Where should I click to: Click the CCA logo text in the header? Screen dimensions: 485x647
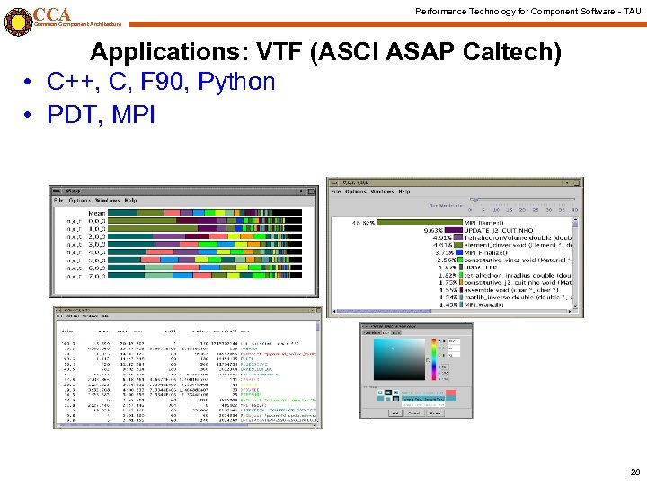51,14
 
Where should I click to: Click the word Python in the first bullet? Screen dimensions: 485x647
235,82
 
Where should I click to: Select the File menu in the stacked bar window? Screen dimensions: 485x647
59,200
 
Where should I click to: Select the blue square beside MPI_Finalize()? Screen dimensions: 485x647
458,253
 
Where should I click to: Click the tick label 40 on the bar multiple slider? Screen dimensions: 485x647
574,210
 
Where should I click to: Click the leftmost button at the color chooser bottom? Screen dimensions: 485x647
394,413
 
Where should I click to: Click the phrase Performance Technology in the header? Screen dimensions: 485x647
469,10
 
